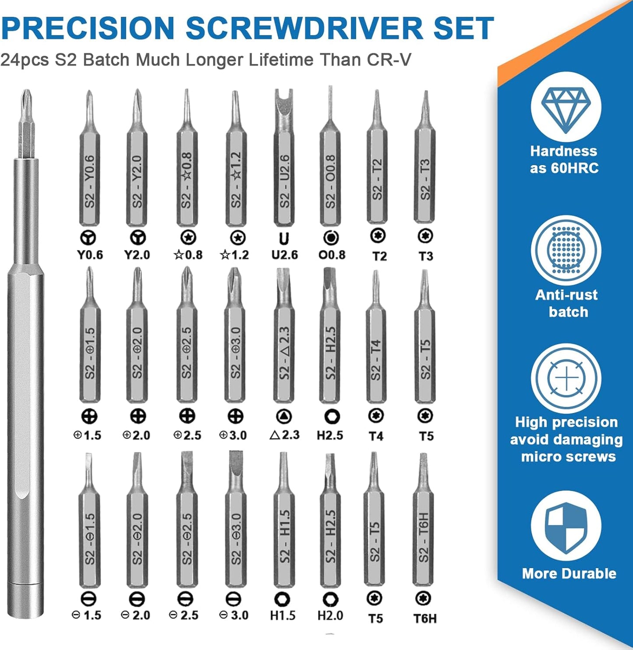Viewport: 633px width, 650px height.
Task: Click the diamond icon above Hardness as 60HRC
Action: (x=566, y=109)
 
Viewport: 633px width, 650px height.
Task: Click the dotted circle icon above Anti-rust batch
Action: (x=566, y=250)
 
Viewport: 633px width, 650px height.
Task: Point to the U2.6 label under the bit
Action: (x=284, y=255)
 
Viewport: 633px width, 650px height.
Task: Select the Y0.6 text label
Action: (x=90, y=255)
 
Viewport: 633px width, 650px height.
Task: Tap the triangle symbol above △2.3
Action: (x=284, y=416)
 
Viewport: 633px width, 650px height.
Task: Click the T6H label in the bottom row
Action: (x=424, y=618)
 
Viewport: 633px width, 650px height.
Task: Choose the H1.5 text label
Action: (x=283, y=615)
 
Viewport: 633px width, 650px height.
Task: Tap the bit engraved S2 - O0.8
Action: (x=330, y=175)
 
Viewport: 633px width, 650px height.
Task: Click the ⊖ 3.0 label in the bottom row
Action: (x=234, y=615)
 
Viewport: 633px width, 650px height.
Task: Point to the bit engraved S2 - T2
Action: (x=377, y=175)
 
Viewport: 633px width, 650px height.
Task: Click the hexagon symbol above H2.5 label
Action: (x=332, y=416)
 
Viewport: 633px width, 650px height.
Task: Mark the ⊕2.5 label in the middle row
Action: (x=187, y=435)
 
